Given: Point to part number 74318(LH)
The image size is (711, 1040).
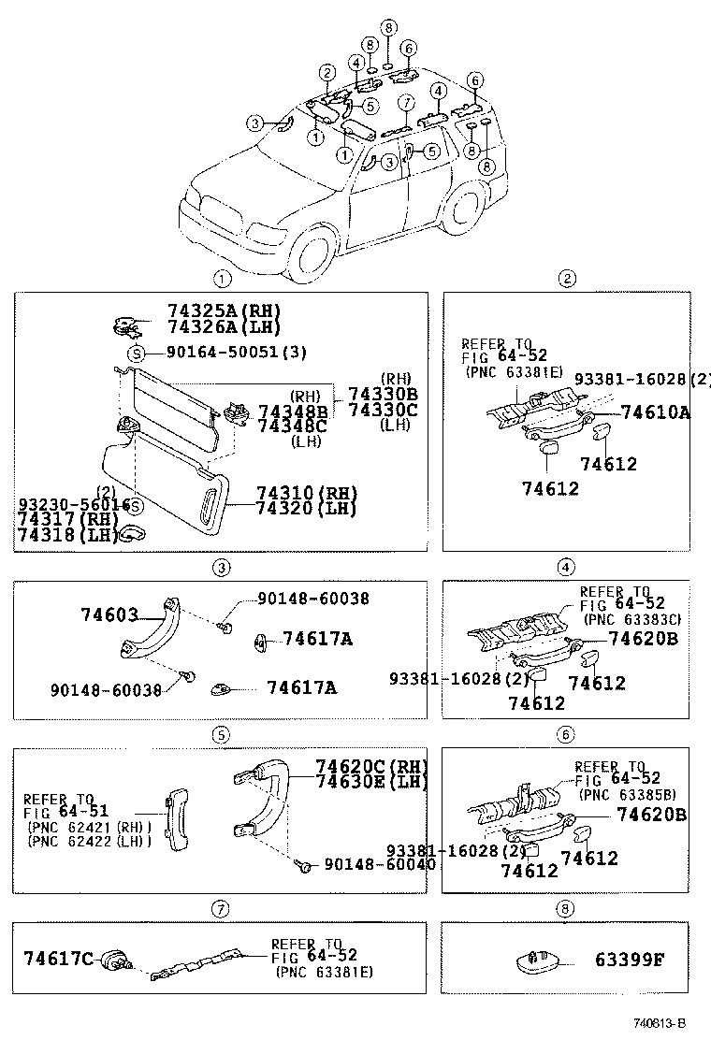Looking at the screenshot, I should click(x=62, y=535).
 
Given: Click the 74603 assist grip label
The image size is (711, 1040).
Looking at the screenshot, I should click(x=109, y=614).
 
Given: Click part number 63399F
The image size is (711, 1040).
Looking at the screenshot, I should click(x=629, y=960).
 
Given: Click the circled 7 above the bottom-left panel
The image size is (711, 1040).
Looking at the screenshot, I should click(x=220, y=908).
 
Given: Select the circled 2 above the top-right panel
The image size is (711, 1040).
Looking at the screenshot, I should click(x=566, y=278).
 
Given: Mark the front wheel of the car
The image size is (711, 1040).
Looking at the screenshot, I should click(x=313, y=250).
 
